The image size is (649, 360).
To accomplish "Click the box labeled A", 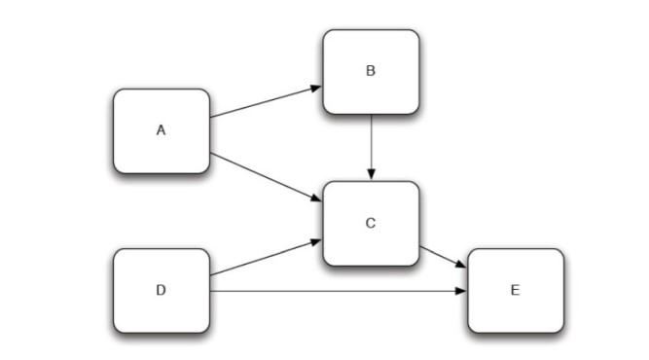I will tap(162, 130).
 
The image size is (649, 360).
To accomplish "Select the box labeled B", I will tap(371, 73).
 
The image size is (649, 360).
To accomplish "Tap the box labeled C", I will tap(371, 224).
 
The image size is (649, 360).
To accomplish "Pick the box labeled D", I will tap(162, 290).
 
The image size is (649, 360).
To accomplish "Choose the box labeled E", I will tap(516, 290).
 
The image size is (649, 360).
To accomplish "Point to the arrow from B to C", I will tap(371, 146).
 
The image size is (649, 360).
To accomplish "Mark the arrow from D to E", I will tap(336, 291).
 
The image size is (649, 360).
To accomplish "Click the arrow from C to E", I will tap(444, 257).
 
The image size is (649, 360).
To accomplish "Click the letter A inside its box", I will tap(162, 130).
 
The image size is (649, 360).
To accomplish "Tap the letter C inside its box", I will tap(371, 224).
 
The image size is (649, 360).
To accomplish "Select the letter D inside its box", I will tap(162, 290).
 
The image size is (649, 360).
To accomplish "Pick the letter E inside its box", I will tap(516, 290).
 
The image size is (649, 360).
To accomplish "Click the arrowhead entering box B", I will tap(316, 88).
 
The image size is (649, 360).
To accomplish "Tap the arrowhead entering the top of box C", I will tap(371, 174).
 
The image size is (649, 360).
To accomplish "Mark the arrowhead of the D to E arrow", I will tap(462, 291).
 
